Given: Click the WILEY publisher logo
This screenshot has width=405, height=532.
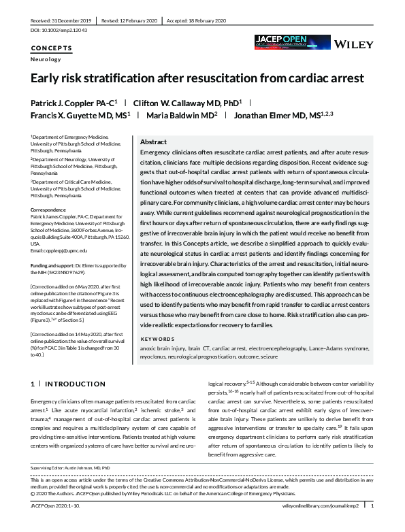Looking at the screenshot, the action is [354, 45].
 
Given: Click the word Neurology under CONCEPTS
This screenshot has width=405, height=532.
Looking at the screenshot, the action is [46, 60].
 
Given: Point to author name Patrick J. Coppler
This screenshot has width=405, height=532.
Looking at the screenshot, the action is [74, 102].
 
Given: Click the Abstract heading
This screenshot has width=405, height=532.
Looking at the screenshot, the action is [153, 142].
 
